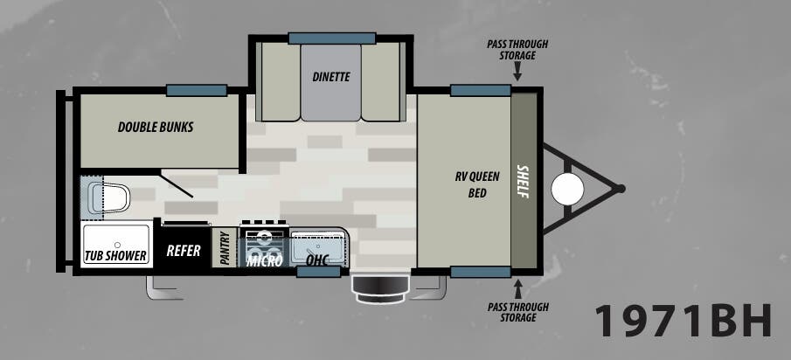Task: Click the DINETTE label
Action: (331, 77)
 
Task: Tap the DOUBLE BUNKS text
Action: (156, 127)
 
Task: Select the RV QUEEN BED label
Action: (476, 184)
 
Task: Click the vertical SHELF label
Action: (524, 182)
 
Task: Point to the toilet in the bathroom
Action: (109, 198)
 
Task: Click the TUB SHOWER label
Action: (115, 256)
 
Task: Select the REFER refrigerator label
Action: (184, 251)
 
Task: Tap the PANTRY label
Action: (225, 248)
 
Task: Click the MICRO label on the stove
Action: (265, 260)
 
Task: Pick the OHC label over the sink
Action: (317, 260)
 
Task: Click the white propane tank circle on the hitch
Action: (567, 189)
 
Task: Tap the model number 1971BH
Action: (683, 321)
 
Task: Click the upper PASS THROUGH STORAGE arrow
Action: (517, 74)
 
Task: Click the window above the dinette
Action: (332, 38)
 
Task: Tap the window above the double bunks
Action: (197, 90)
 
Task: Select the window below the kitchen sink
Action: (318, 272)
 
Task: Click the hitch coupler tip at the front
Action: (621, 189)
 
